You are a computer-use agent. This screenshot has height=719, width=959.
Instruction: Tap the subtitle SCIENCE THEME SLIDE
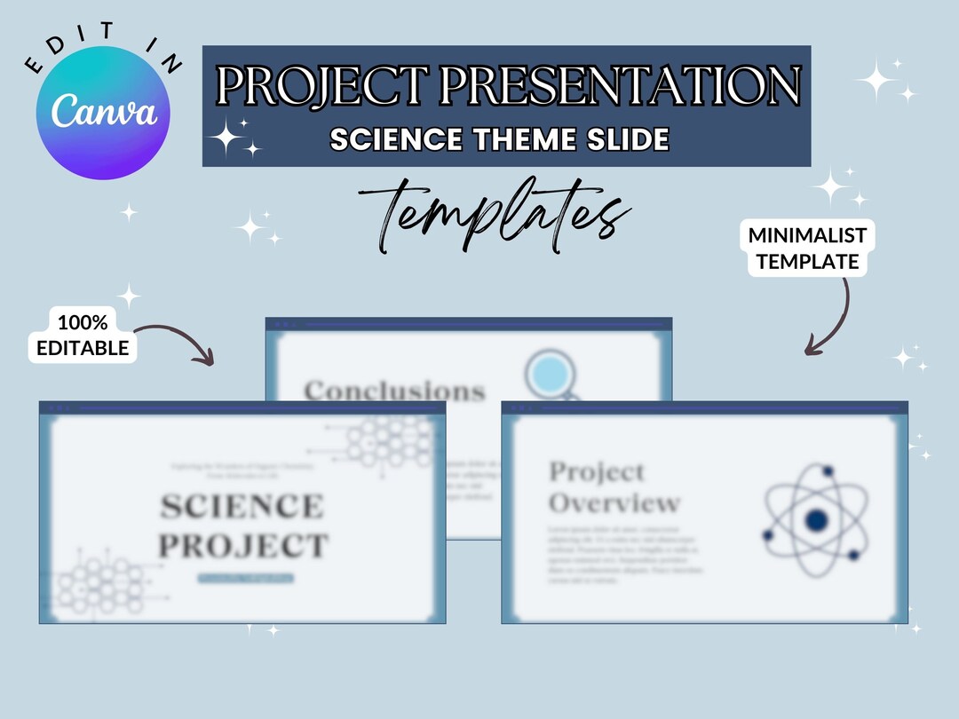(x=499, y=139)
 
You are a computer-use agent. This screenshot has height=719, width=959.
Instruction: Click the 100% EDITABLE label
(x=82, y=335)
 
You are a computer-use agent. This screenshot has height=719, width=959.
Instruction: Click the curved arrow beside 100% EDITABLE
(x=178, y=342)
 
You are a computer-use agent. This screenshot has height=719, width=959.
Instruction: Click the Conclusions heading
(x=394, y=391)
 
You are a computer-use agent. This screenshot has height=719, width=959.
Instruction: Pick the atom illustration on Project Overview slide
(x=815, y=519)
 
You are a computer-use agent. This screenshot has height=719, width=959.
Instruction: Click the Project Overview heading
(x=613, y=487)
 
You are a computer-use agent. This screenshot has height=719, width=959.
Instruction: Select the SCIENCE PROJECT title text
(x=242, y=525)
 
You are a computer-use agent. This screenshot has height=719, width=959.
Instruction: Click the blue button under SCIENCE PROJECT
(x=245, y=578)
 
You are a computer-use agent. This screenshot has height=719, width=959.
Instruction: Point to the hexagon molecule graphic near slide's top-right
(x=391, y=439)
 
